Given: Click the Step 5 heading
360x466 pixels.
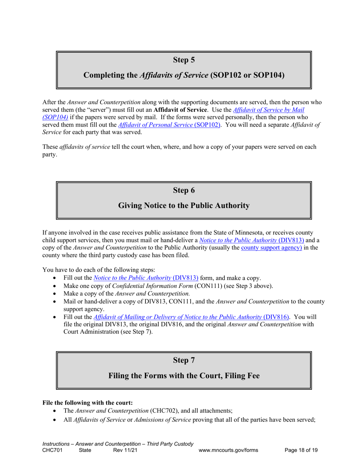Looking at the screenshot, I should pos(184,59).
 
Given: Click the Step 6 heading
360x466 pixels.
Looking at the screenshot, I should pos(184,190).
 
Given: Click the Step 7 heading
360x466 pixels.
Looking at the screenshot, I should pos(184,360).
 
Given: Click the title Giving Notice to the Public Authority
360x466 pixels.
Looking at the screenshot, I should pos(184,206).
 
